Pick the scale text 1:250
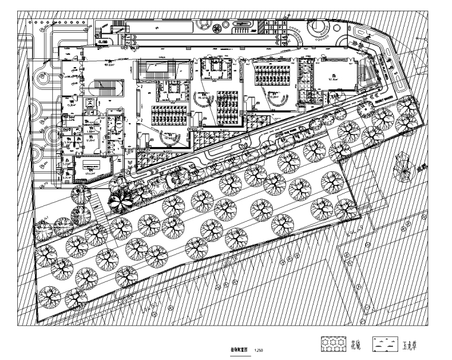259,352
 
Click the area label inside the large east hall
332,76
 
